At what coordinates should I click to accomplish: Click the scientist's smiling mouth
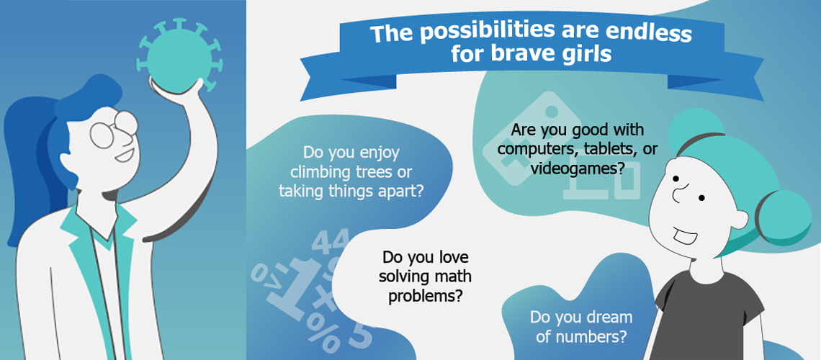tap(125, 155)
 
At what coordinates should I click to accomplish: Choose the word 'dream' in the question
tap(611, 317)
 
